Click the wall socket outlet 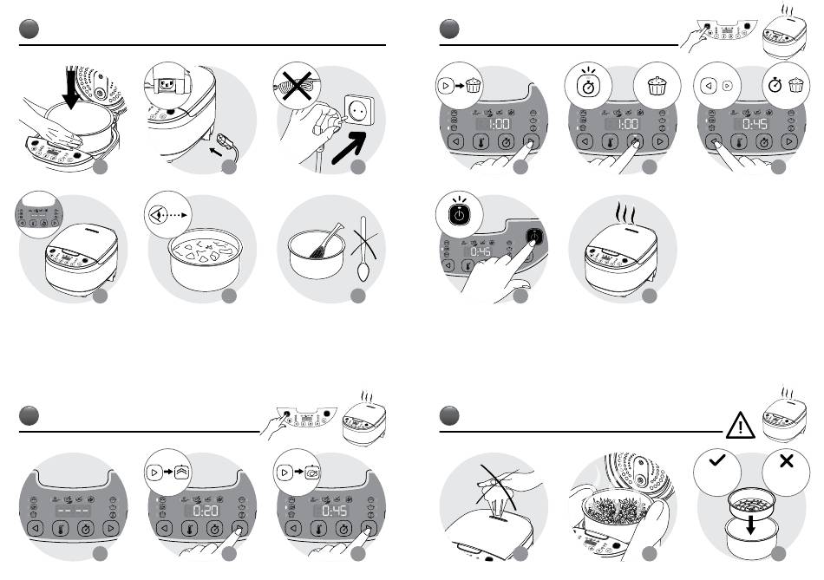(359, 110)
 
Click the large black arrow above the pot (70, 87)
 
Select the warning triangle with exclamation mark (740, 426)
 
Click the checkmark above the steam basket (716, 460)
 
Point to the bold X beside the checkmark (786, 460)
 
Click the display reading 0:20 (205, 511)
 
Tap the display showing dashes (74, 511)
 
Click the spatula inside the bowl (326, 241)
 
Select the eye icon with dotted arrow (168, 215)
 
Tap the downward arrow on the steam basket (751, 525)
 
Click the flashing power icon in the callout (460, 212)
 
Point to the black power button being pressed (534, 237)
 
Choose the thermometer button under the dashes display (61, 529)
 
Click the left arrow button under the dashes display (36, 529)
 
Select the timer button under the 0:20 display (214, 529)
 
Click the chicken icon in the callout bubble (312, 472)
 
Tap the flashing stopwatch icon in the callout (588, 84)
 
